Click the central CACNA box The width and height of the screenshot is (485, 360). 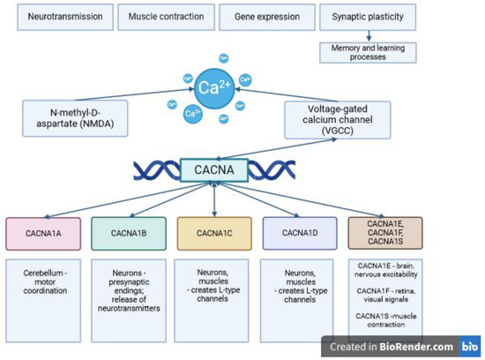(214, 167)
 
